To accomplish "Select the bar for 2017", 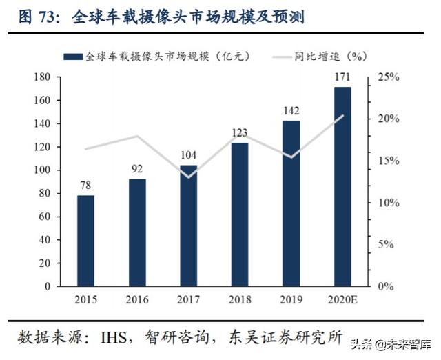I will (188, 225).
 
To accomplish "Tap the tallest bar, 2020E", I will (342, 186).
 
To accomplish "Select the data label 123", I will (239, 131).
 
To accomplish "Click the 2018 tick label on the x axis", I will (239, 299).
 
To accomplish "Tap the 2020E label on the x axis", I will (342, 299).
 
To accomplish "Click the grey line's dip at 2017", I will (188, 177).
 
